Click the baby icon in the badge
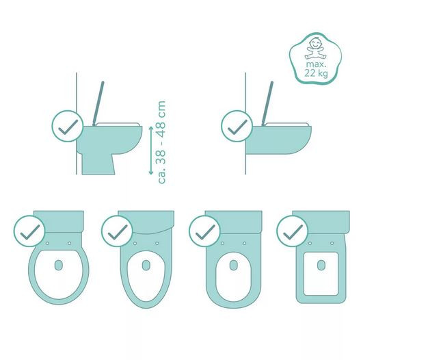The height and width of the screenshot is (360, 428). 315,49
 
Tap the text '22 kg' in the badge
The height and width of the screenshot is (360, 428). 316,73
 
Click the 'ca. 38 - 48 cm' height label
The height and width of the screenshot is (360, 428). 161,142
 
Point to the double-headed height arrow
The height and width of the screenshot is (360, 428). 151,151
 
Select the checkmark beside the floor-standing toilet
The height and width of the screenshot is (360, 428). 68,126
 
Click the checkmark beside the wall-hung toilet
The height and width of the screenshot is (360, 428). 237,126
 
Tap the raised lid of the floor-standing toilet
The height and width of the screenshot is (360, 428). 98,103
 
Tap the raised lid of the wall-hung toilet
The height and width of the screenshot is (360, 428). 267,103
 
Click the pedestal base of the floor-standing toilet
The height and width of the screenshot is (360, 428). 98,164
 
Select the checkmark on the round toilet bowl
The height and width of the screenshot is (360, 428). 29,231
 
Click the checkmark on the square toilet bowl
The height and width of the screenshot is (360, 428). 293,231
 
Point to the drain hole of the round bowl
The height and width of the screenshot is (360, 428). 58,266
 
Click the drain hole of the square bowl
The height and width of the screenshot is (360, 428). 321,266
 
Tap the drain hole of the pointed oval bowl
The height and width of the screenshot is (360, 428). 146,266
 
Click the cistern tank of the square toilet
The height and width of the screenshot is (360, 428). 321,222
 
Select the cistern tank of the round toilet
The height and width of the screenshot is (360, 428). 58,222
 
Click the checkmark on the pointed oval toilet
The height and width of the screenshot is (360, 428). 117,231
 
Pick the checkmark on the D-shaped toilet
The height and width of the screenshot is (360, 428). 204,231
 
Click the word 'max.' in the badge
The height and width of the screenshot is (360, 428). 316,64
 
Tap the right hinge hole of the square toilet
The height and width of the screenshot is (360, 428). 332,243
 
